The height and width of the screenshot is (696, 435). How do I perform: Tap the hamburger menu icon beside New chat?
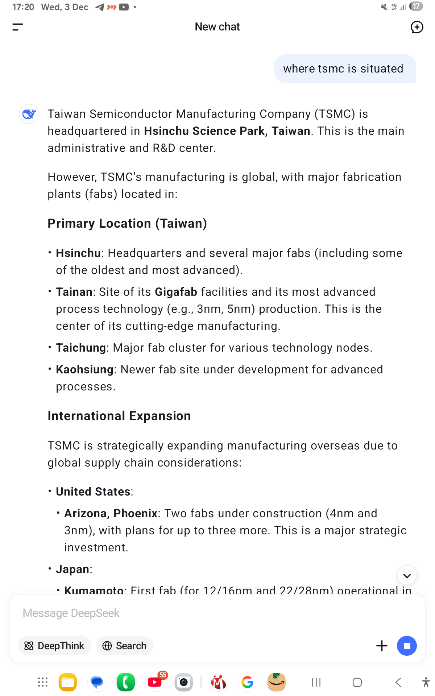coord(17,27)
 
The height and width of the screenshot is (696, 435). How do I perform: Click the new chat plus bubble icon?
coord(417,27)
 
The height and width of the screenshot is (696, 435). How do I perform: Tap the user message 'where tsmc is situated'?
coord(343,69)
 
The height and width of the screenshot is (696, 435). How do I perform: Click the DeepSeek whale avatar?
coord(29,114)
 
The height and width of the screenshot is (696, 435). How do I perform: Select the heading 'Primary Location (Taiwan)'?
coord(127,223)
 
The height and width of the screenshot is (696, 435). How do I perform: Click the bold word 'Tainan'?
coord(74,292)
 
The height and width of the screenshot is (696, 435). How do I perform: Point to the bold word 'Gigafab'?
coord(176,292)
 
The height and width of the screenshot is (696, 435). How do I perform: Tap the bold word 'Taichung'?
coord(80,348)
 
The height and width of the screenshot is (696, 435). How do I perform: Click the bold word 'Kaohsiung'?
coord(84,369)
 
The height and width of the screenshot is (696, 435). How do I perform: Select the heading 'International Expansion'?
coord(119,416)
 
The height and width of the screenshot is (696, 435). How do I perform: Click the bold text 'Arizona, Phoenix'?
coord(111,513)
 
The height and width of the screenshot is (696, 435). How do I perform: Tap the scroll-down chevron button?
coord(407,575)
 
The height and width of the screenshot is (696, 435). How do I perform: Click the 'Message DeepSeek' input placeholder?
coord(71,613)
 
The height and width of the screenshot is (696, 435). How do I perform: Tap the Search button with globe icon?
coord(125,646)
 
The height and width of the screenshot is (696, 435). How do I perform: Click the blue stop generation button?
coord(407,646)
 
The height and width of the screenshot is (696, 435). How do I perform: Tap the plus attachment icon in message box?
coord(382,646)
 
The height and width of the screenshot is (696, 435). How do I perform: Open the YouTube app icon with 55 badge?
coord(155,682)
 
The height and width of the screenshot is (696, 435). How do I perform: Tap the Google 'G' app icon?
coord(248,682)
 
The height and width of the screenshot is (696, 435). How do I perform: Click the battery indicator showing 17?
coord(416,7)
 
